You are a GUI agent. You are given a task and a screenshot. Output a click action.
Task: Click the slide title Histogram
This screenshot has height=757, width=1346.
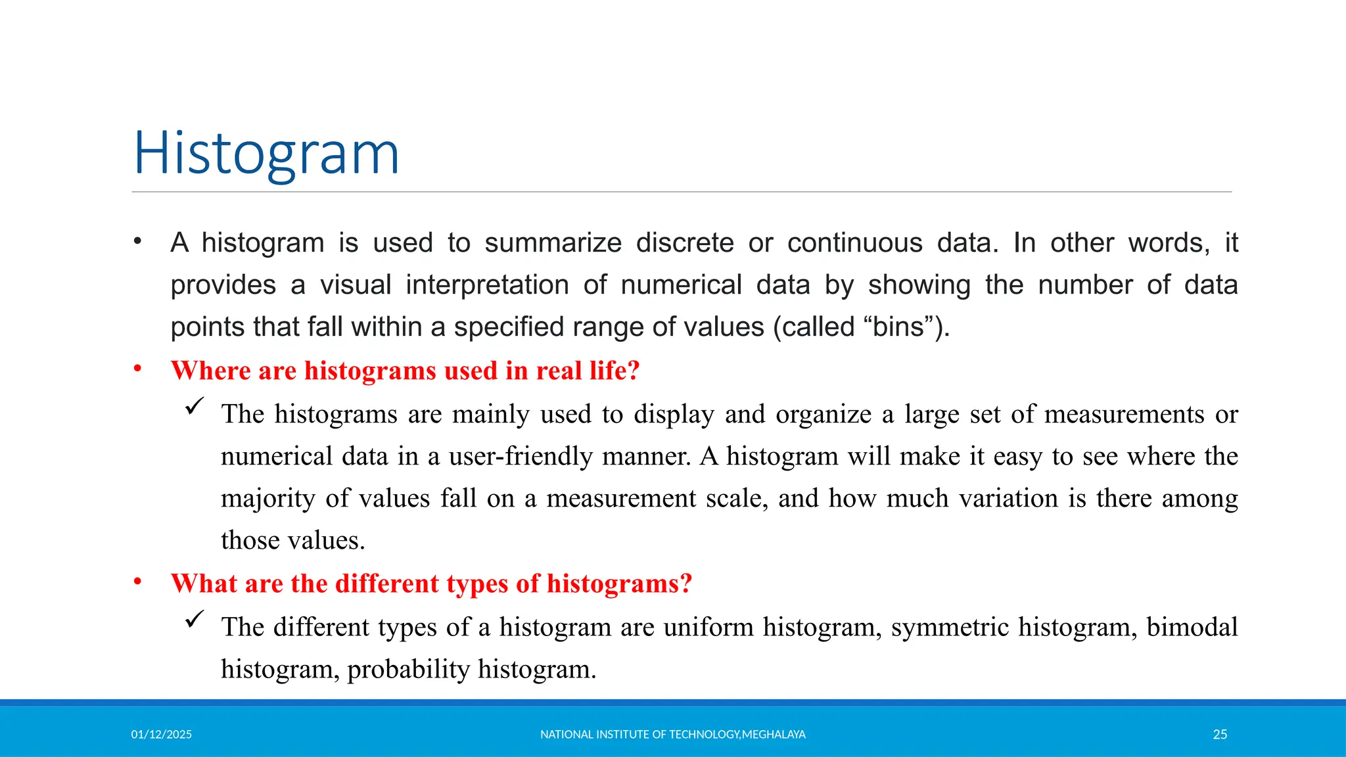coord(266,154)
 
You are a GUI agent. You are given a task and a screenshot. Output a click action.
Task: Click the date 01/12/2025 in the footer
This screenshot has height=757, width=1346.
coord(161,735)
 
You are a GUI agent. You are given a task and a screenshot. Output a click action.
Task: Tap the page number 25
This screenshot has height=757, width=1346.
coord(1220,735)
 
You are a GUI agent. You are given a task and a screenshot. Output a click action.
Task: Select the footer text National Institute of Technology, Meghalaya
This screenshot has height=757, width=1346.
coord(672,735)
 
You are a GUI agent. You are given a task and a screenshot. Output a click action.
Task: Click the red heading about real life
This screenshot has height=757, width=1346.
coord(405,371)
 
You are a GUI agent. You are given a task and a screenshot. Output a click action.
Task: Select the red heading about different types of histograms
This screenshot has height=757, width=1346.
coord(431,584)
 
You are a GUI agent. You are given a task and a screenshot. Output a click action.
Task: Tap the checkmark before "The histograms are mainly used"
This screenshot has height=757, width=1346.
coord(195,407)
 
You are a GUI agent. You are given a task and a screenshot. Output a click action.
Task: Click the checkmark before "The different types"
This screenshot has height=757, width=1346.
coord(195,619)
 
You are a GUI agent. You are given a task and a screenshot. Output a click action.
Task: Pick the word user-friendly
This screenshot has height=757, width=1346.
coord(521,456)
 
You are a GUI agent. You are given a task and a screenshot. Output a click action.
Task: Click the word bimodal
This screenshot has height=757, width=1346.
coord(1192,627)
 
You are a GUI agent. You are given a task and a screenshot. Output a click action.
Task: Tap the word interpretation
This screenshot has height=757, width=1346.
coord(487,285)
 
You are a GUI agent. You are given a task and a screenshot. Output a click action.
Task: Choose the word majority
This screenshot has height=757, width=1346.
coord(267,498)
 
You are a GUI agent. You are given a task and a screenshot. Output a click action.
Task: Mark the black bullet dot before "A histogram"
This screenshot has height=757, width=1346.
coord(137,241)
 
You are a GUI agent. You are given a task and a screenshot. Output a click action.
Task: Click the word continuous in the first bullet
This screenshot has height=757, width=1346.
coord(854,243)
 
